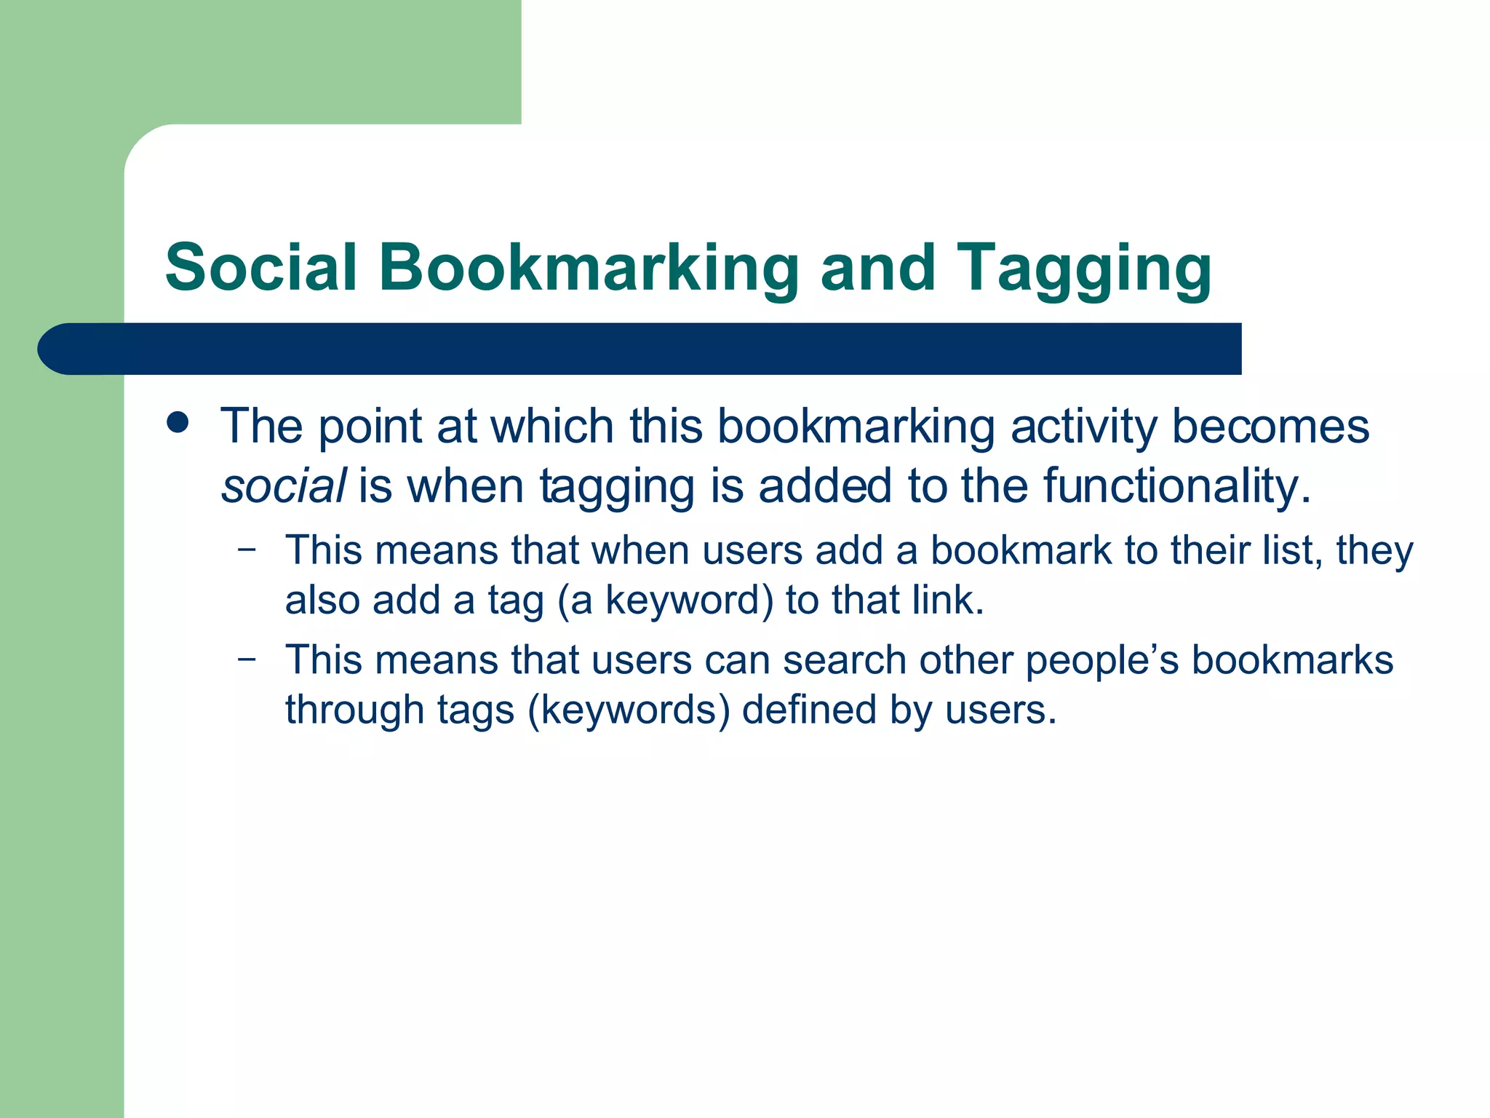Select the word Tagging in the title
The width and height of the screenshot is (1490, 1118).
pyautogui.click(x=1083, y=269)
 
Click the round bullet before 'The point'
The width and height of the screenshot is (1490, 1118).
pyautogui.click(x=177, y=422)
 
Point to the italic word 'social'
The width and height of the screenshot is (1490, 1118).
pyautogui.click(x=283, y=485)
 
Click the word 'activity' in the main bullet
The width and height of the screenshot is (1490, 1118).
pyautogui.click(x=1083, y=427)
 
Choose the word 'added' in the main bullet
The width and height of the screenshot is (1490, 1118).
pyautogui.click(x=825, y=485)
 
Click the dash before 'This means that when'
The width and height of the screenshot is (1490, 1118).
pyautogui.click(x=247, y=550)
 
